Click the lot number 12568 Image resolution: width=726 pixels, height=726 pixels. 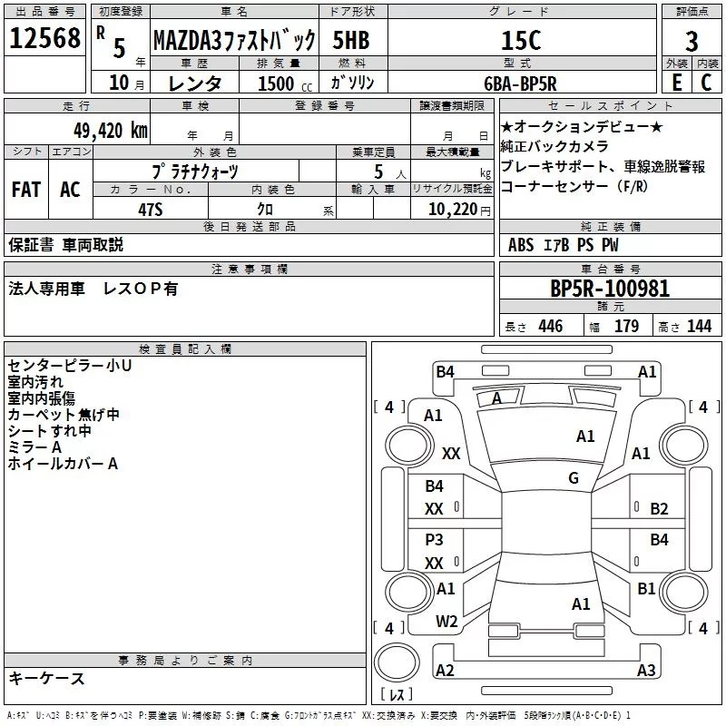[x=44, y=40]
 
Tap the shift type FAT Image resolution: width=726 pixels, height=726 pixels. [x=26, y=190]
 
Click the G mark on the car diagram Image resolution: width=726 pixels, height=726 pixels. [x=573, y=478]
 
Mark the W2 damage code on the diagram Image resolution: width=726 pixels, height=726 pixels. [x=446, y=622]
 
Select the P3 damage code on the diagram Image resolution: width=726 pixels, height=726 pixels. [x=435, y=539]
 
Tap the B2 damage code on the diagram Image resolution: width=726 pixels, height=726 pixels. [x=659, y=508]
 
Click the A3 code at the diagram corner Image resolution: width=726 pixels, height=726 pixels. [x=645, y=671]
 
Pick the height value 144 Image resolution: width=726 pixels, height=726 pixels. [x=699, y=327]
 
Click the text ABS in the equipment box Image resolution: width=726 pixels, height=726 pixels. [x=521, y=244]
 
